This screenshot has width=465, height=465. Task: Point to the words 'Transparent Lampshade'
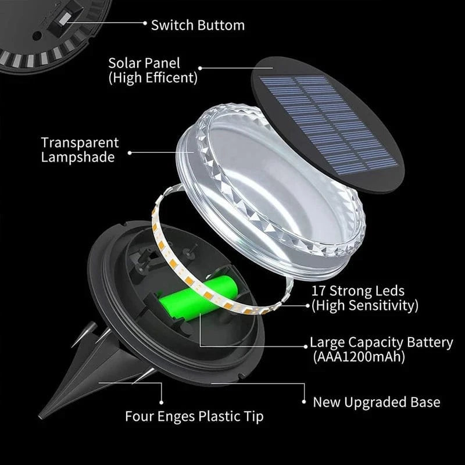point(80,149)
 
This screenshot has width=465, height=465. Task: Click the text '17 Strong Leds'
point(357,291)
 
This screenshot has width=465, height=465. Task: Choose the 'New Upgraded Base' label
point(376,402)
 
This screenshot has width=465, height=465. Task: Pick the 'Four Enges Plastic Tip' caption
point(194,416)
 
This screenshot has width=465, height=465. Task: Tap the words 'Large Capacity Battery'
point(381,342)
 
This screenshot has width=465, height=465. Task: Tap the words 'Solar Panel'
point(144,62)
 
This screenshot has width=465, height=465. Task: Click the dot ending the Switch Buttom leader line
point(144,24)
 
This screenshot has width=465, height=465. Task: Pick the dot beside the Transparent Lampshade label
point(129,153)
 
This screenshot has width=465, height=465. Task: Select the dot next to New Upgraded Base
point(303,401)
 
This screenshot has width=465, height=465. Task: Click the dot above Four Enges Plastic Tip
point(162,400)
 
